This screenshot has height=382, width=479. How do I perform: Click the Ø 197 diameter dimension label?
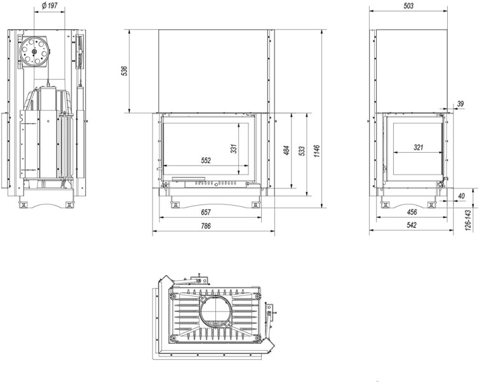49,6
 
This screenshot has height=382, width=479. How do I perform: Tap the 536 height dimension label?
125,71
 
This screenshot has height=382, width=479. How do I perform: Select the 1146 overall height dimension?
316,152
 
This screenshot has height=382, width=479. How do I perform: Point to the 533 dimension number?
302,152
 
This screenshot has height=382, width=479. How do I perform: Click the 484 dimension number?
287,150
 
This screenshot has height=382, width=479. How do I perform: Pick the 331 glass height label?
234,148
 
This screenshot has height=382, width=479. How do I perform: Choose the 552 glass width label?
206,160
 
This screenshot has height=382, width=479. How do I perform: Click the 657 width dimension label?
206,212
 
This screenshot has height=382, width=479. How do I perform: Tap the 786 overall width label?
206,226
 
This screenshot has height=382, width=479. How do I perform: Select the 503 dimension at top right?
408,6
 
